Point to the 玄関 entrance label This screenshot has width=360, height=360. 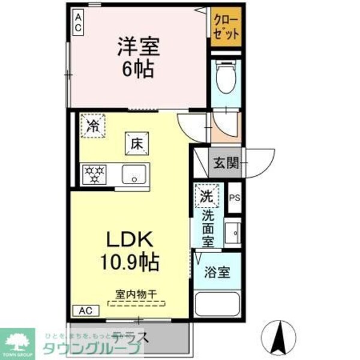(x=225, y=161)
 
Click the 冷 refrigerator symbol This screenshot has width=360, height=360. (x=93, y=126)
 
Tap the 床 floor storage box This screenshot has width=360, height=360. (x=136, y=144)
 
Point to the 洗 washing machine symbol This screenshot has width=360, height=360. (x=206, y=195)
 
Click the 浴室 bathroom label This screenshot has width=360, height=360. (x=217, y=272)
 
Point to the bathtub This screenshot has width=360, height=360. (x=217, y=305)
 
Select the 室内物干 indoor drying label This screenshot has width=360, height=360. (x=136, y=295)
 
